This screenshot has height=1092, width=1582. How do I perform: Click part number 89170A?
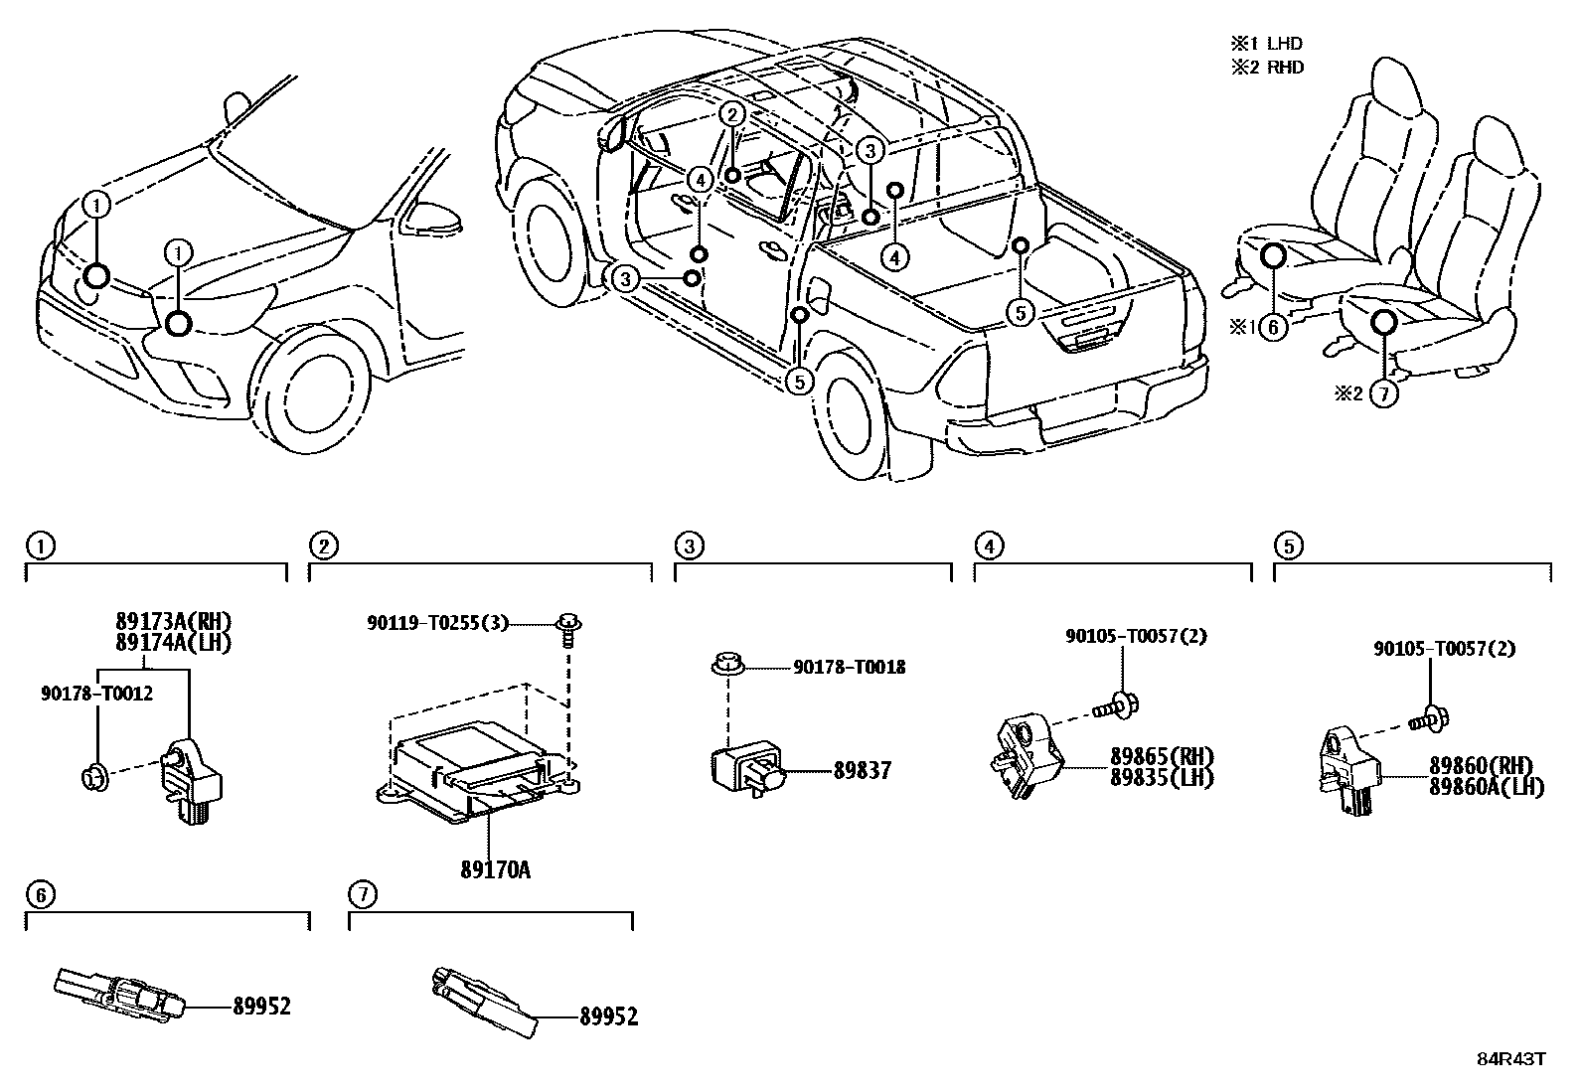[495, 870]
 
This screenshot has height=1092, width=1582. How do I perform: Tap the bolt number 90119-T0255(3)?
[437, 623]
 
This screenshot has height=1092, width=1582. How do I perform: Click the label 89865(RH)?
[1162, 757]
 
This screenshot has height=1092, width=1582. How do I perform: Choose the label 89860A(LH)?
[1486, 787]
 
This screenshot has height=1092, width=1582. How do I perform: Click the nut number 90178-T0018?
[849, 668]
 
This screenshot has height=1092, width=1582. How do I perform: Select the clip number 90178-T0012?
[96, 694]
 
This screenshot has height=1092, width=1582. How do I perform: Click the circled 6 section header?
[40, 895]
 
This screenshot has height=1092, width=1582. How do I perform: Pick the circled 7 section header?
[363, 895]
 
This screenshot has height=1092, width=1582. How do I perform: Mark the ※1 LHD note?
[1266, 44]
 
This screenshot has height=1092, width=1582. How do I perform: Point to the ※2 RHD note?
[1266, 68]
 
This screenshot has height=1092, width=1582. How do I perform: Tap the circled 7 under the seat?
[1383, 393]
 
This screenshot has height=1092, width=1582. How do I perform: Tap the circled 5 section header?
[1288, 546]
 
